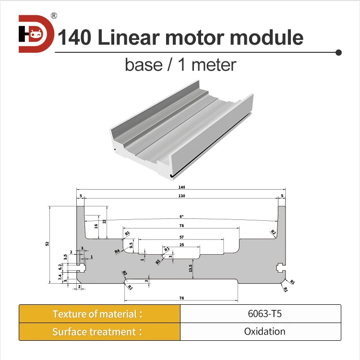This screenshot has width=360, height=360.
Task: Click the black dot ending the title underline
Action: point(338,52)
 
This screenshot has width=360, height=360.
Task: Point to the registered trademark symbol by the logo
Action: point(54,16)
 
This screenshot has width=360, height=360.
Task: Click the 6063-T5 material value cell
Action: point(260,314)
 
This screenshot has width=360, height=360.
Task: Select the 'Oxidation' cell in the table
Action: point(260,332)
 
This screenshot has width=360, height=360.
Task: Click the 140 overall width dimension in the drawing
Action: point(181,187)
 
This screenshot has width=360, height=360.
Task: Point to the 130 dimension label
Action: point(181,196)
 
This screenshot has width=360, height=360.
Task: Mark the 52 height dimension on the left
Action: point(47,244)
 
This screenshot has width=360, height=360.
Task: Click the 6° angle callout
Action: point(181,216)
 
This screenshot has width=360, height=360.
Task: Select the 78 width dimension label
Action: point(181,226)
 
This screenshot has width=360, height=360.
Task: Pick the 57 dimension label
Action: point(181,237)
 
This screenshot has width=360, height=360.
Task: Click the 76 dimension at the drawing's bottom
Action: point(181,298)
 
